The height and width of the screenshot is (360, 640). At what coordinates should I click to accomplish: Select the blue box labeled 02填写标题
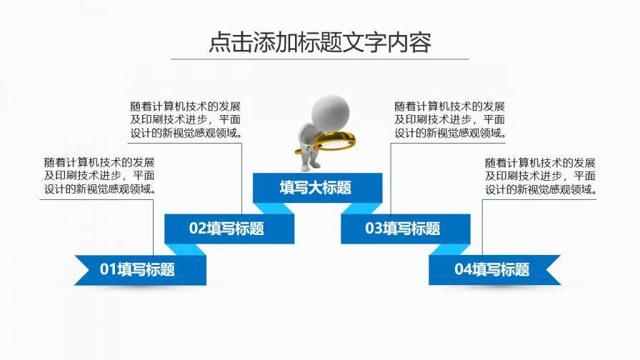[x=229, y=229]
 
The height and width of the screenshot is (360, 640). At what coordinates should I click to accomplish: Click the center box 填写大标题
[x=316, y=188]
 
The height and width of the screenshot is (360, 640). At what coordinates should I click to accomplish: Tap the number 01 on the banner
[x=108, y=269]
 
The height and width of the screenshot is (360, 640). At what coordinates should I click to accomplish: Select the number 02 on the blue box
[x=197, y=229]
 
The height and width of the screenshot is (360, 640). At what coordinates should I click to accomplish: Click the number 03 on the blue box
[x=374, y=229]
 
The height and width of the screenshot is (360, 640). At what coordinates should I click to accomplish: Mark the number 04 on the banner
[x=463, y=269]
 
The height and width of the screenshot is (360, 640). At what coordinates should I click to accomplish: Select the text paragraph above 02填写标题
[x=186, y=119]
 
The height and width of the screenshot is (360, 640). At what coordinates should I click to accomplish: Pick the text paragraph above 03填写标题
[x=450, y=119]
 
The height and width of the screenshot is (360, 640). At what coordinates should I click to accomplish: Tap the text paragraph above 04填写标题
[x=540, y=176]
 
